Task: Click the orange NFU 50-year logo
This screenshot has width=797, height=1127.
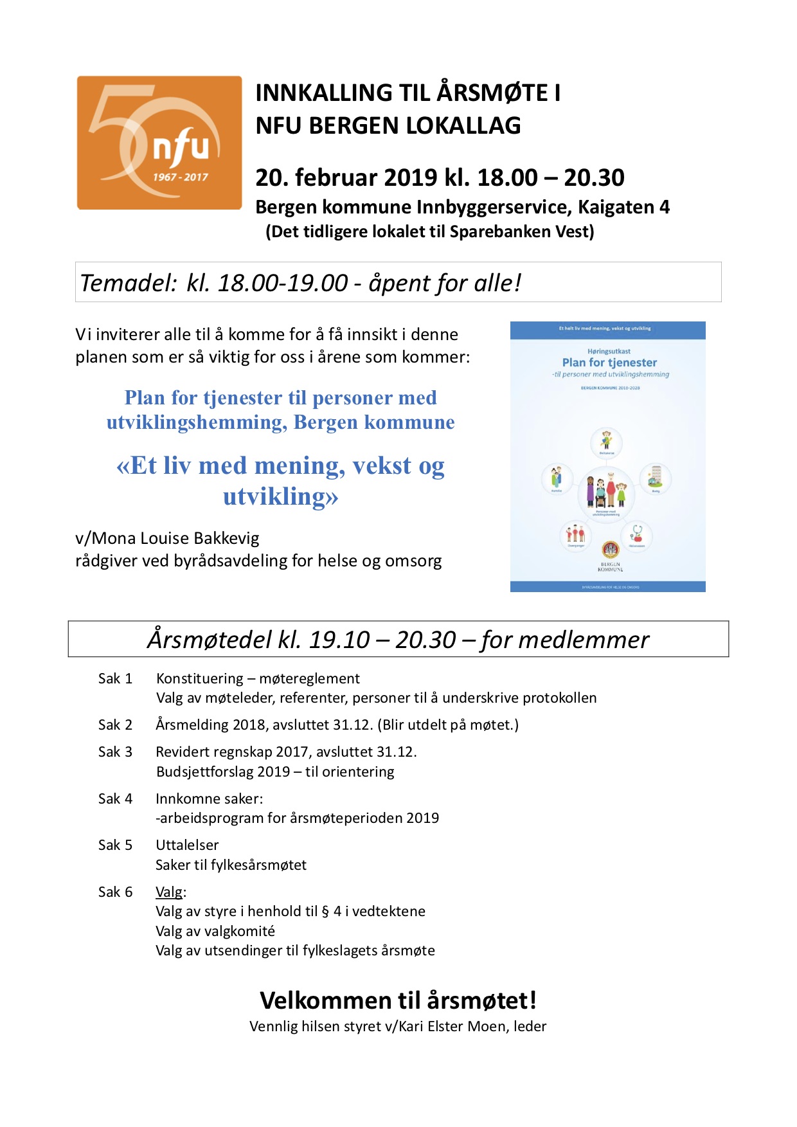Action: click(x=159, y=143)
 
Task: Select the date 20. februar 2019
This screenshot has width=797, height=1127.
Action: click(x=346, y=178)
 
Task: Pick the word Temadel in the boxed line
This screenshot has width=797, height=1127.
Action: click(x=127, y=283)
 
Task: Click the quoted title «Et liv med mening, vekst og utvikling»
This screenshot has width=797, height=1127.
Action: click(x=281, y=480)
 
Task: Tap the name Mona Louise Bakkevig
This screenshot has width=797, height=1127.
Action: click(x=176, y=538)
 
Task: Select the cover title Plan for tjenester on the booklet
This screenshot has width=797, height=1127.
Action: click(x=609, y=363)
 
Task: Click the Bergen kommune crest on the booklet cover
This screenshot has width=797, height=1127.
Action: click(x=610, y=550)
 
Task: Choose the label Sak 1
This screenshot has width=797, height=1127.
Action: click(x=115, y=679)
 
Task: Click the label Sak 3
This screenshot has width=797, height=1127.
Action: click(x=115, y=752)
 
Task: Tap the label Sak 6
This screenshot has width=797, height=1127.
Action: click(x=115, y=892)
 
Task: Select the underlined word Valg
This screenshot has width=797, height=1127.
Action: click(x=169, y=892)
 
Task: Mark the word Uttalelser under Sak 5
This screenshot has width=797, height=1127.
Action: click(x=187, y=845)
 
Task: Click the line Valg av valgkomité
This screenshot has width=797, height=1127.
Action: click(x=215, y=931)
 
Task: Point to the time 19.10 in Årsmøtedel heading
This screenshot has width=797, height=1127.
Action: click(x=339, y=640)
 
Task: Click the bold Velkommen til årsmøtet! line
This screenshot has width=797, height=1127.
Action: click(x=398, y=1000)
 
